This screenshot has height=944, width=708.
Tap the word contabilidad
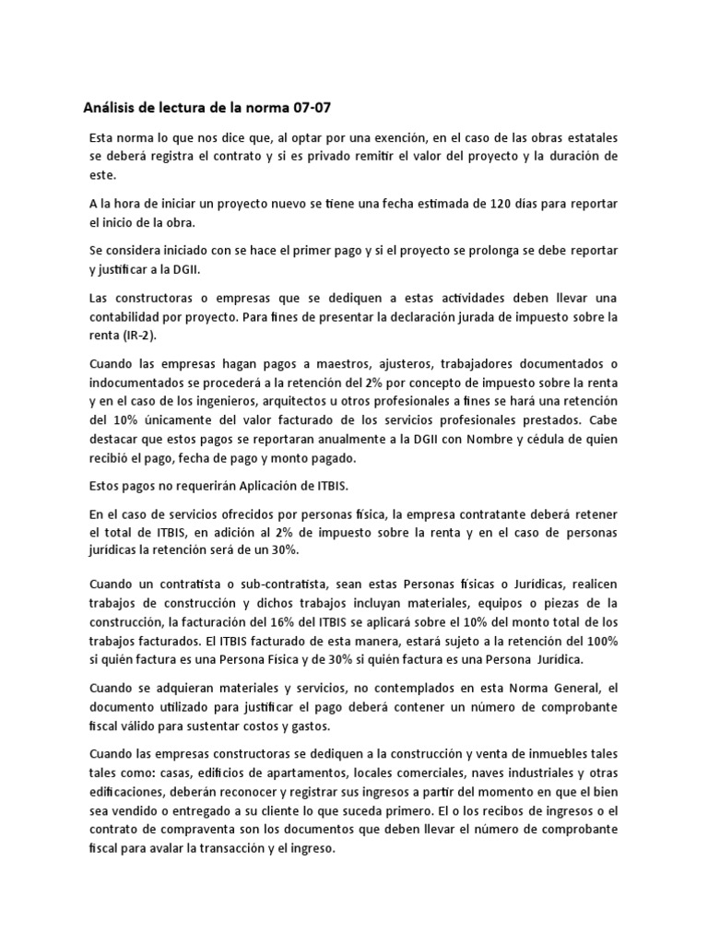click(x=128, y=317)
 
